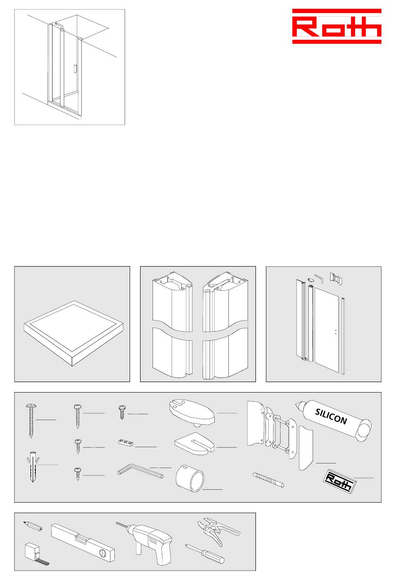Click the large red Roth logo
(336, 26)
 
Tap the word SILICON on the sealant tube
(331, 417)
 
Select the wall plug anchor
(33, 467)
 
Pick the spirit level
(83, 542)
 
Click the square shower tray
(74, 333)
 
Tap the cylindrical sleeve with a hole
(190, 478)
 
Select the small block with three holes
(126, 443)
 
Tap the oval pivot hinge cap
(192, 413)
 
